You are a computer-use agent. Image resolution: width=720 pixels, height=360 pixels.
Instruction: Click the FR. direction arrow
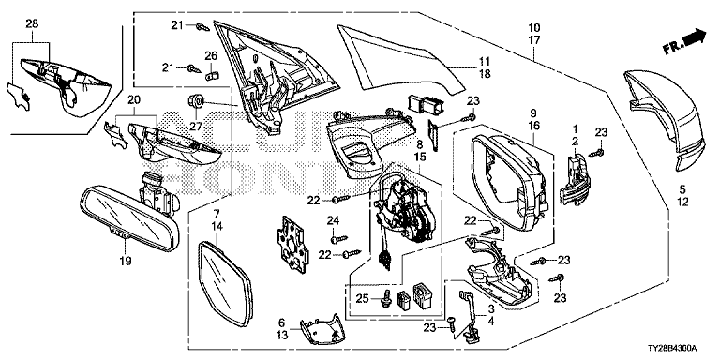684,42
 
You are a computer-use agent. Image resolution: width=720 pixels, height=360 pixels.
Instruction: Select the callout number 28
32,23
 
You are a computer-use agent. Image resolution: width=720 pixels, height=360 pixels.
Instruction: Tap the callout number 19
126,262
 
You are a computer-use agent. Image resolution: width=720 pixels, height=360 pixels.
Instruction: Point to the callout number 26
211,56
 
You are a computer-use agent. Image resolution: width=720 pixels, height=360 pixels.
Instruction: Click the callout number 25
362,299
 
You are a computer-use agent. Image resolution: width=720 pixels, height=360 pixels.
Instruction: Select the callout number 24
334,221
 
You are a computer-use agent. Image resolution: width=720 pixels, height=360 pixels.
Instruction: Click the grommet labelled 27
196,101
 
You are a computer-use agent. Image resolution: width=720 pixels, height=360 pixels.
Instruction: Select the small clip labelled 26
212,73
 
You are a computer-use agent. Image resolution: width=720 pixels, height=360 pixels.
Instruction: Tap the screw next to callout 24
339,239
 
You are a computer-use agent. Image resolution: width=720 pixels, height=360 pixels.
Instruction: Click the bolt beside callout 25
385,300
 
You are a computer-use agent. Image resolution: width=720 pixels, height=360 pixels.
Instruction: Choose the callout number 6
282,323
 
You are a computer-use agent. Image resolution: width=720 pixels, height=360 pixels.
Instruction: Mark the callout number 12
682,202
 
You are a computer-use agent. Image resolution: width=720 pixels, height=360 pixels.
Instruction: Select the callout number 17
534,40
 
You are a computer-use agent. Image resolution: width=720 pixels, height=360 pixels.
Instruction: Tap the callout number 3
491,309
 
